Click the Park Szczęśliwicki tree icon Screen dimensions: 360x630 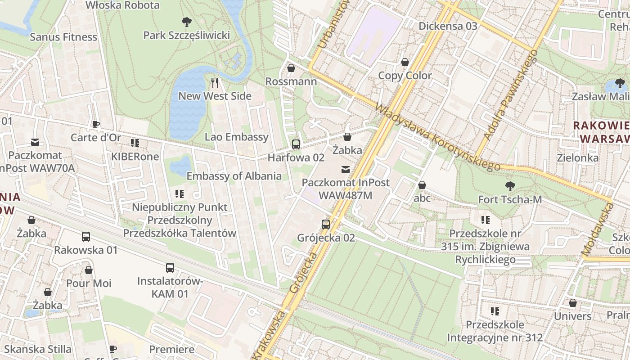tap(186, 22)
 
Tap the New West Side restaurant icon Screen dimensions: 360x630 tap(215, 82)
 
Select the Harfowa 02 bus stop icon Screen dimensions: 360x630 tap(296, 144)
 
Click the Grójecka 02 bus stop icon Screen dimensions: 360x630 tap(326, 224)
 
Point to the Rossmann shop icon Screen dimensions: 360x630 tap(291, 68)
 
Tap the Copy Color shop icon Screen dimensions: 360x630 tap(405, 62)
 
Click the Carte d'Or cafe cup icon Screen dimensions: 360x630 tap(95, 124)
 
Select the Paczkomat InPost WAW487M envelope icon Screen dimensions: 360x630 tap(345, 170)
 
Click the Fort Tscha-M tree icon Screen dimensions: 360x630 tap(510, 186)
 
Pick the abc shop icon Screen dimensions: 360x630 tap(422, 185)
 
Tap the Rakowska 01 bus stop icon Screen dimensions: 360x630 tap(85, 237)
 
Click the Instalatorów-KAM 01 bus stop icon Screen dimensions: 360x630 tap(170, 268)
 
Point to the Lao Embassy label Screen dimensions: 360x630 tap(236, 137)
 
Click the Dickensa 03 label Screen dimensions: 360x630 tap(448, 26)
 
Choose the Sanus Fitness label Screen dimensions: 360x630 tap(63, 37)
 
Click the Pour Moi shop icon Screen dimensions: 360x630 tap(89, 270)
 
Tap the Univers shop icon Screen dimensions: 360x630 tap(572, 303)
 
